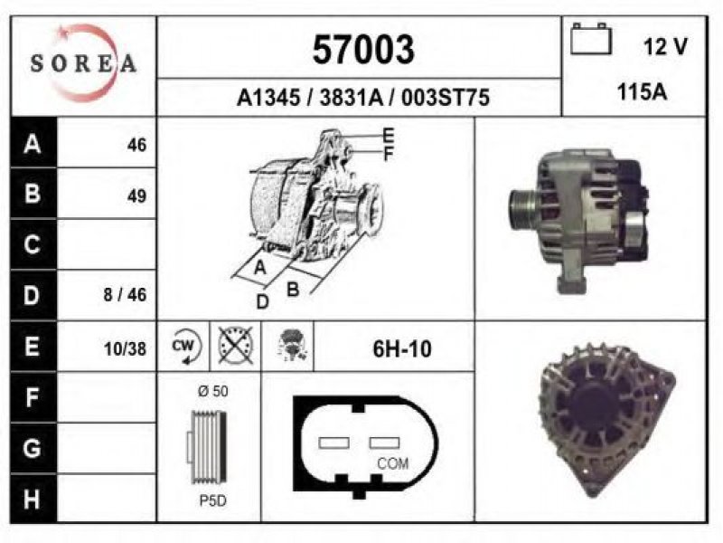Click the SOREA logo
click(83, 62)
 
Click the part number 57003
click(363, 50)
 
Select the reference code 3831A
click(351, 98)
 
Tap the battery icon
click(591, 39)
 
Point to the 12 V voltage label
click(665, 46)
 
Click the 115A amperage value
click(642, 92)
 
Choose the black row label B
click(33, 193)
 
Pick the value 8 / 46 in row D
click(125, 295)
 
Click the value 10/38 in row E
click(125, 349)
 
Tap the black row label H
click(33, 500)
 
